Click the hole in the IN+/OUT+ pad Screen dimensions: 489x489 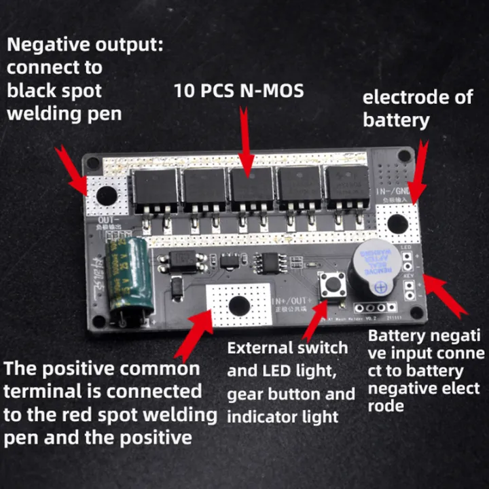tap(239, 306)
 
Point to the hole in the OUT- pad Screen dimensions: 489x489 tap(107, 196)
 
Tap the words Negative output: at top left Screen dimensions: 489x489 tap(86, 46)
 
